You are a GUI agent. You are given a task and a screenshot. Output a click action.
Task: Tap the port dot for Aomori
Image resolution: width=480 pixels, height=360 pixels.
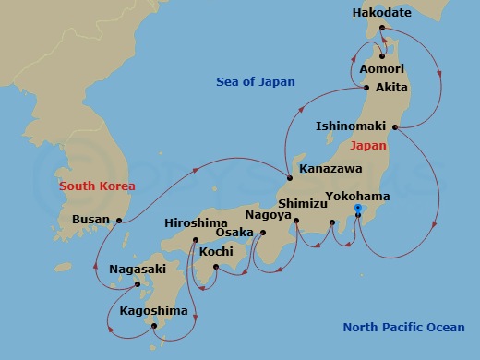click(x=380, y=55)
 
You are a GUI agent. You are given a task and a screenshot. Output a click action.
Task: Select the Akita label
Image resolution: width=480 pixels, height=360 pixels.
click(x=390, y=88)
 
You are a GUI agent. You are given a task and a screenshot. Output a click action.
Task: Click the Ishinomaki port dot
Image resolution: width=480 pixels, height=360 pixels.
click(x=394, y=126)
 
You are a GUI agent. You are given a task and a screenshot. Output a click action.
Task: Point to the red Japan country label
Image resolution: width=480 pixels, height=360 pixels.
click(x=368, y=145)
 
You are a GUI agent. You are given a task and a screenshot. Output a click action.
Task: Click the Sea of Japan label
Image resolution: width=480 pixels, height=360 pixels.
click(x=256, y=82)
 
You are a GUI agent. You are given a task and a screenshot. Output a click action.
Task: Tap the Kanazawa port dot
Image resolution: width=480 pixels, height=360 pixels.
click(x=289, y=178)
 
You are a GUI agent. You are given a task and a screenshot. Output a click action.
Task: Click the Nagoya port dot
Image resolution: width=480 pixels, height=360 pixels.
click(x=296, y=220)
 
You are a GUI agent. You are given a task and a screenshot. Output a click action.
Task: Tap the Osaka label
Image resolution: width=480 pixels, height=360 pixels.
click(x=234, y=233)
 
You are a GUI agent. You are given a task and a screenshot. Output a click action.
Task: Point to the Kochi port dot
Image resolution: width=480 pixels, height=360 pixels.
click(x=215, y=268)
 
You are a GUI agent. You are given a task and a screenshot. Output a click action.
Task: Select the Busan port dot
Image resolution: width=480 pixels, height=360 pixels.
click(x=119, y=220)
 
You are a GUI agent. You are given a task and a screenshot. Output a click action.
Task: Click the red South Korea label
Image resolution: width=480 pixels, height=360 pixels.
click(x=97, y=186)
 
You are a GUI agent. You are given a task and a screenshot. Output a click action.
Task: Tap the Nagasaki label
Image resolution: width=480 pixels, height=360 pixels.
click(x=138, y=270)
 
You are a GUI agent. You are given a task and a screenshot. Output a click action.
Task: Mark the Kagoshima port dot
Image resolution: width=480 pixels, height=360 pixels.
click(x=153, y=325)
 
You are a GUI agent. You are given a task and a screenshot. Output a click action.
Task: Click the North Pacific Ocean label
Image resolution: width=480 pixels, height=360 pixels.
click(x=403, y=327)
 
